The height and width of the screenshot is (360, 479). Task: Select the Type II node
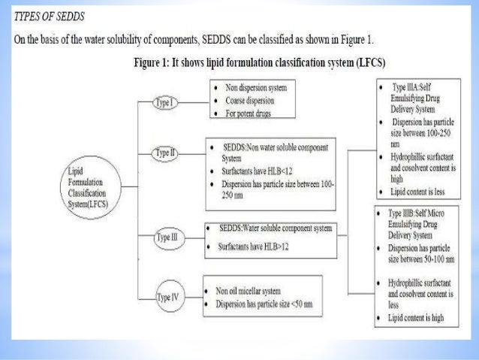(164, 153)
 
